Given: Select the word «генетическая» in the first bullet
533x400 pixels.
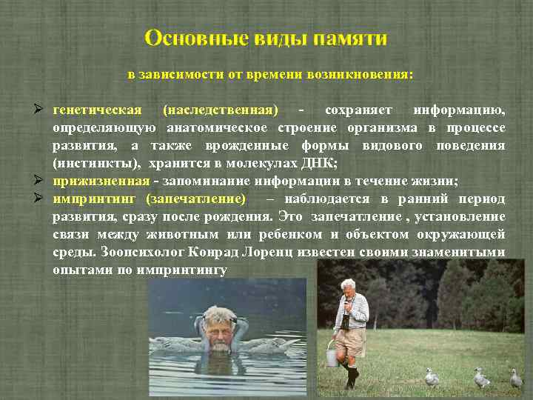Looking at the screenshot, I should (x=97, y=110).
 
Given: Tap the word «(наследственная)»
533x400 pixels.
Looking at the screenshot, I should (x=220, y=110).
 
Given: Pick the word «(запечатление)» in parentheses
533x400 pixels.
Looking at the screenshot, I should (x=196, y=199).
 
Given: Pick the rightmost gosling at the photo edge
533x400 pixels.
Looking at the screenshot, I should (x=516, y=379).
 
